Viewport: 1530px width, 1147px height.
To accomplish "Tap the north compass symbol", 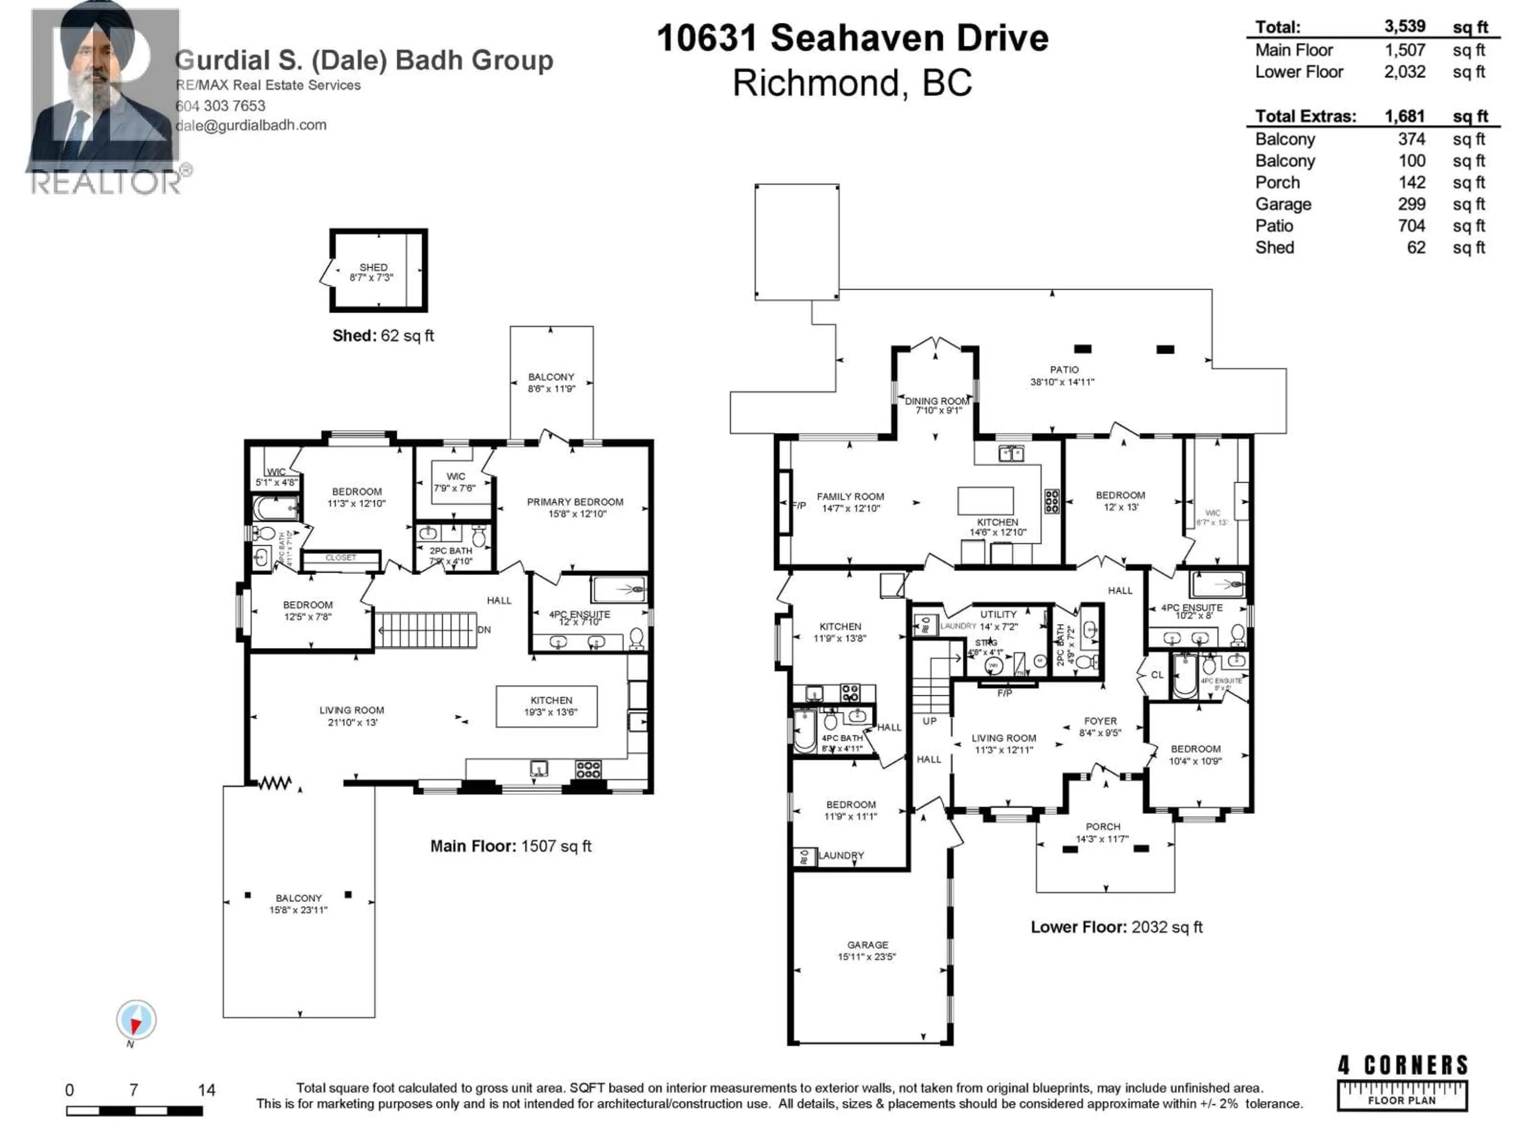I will coord(136,1020).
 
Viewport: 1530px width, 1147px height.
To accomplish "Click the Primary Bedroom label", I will coord(575,502).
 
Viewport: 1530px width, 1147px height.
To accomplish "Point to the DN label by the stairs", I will coord(484,630).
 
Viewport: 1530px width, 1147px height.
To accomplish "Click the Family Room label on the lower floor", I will coord(850,496).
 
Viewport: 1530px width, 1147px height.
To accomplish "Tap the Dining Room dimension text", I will coord(938,411).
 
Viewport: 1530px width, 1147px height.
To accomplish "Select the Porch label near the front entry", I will coord(1102,827).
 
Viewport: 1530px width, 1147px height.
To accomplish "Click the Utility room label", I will coord(998,614).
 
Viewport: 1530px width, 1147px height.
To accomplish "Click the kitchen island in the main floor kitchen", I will coord(546,706).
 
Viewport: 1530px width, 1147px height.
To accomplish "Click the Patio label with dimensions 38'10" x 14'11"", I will coord(1063,370).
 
